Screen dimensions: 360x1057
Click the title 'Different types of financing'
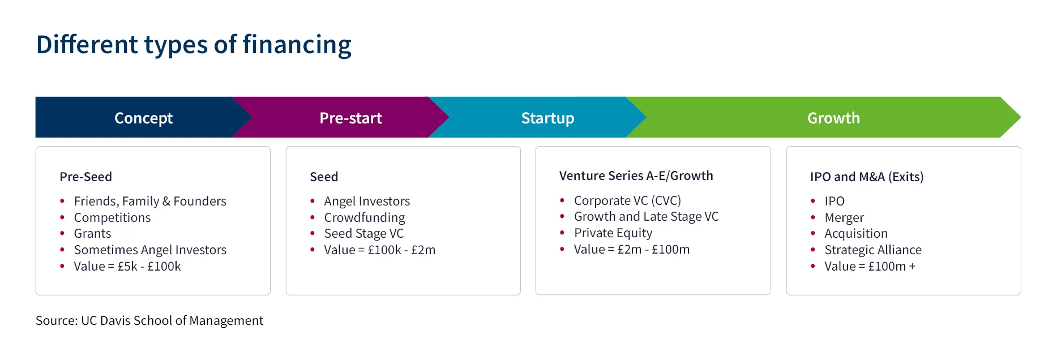tap(194, 45)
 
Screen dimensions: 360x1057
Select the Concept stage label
tap(143, 118)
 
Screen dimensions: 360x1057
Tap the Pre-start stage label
tap(350, 118)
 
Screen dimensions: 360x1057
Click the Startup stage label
tap(547, 118)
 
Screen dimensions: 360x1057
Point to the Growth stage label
tap(833, 118)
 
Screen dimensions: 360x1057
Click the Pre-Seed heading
tap(85, 177)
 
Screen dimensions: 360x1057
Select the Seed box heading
tap(324, 177)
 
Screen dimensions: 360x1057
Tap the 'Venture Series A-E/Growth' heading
tap(636, 175)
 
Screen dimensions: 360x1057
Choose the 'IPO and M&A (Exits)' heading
tap(866, 177)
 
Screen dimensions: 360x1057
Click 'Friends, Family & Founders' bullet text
tap(150, 201)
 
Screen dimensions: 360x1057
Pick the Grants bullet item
tap(92, 233)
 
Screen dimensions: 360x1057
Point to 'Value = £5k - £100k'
tap(127, 266)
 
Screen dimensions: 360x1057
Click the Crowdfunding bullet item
tap(365, 217)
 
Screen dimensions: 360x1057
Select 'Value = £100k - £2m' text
tap(379, 250)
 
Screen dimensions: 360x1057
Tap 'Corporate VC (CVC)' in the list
tap(627, 200)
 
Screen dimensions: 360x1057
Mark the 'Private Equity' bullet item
tap(613, 233)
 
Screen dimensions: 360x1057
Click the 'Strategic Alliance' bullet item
tap(872, 250)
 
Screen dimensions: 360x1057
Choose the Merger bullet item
tap(844, 217)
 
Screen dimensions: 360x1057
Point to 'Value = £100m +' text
tap(870, 266)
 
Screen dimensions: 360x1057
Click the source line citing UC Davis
tap(149, 320)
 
